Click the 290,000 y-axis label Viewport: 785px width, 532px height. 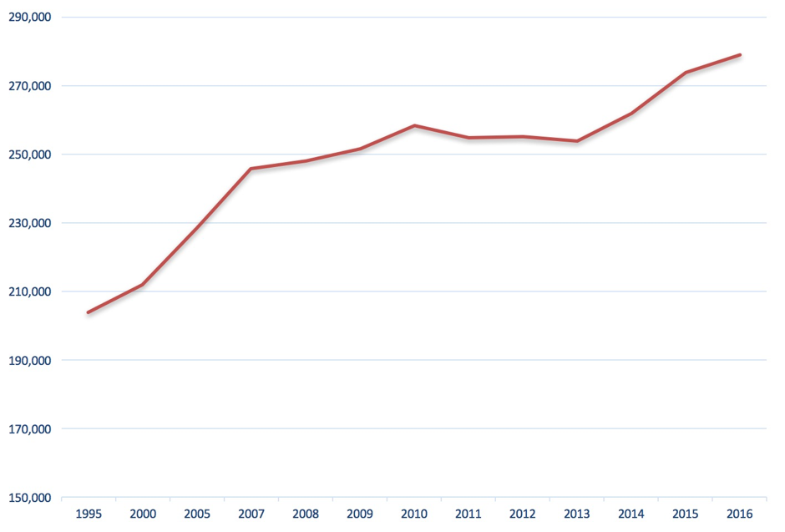(x=29, y=17)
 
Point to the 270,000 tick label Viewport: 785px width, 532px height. (x=29, y=86)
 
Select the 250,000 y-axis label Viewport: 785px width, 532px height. (x=29, y=155)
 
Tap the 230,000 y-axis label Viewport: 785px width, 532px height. (x=29, y=223)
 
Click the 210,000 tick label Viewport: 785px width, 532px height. (x=29, y=291)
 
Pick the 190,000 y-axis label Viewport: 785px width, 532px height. (x=29, y=360)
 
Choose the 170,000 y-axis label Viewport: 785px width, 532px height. (x=29, y=429)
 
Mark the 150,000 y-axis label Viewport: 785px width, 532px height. (x=29, y=498)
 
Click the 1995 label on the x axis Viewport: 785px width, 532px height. (x=89, y=514)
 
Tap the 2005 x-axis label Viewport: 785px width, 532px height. (x=197, y=514)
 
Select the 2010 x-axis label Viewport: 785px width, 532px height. (x=414, y=514)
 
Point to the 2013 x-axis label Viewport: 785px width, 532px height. (x=577, y=514)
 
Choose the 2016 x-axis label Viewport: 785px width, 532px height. (x=740, y=514)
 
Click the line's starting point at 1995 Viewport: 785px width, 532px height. (x=89, y=312)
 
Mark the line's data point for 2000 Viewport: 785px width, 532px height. (x=143, y=285)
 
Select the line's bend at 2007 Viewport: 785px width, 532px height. (x=251, y=169)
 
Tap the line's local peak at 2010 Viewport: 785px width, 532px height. (x=414, y=125)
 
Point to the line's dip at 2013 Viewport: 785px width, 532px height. (x=577, y=141)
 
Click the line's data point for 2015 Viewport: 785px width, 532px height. (x=686, y=73)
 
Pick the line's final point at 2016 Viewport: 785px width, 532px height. (x=740, y=55)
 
